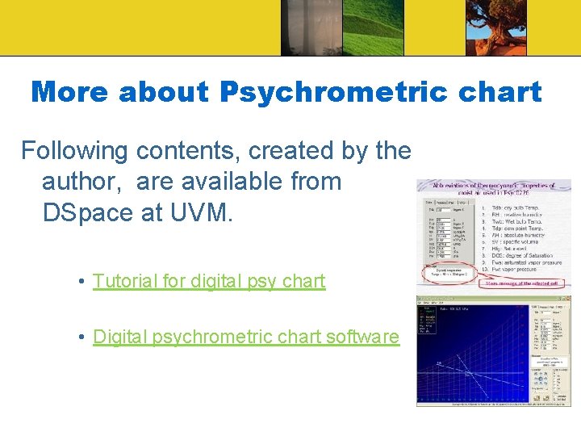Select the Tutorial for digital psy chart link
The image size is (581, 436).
pyautogui.click(x=208, y=281)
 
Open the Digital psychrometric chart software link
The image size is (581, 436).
pyautogui.click(x=246, y=336)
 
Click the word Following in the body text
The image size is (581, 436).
pyautogui.click(x=74, y=150)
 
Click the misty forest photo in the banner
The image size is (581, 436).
pyautogui.click(x=311, y=27)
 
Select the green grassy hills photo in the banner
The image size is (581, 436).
pyautogui.click(x=372, y=27)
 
